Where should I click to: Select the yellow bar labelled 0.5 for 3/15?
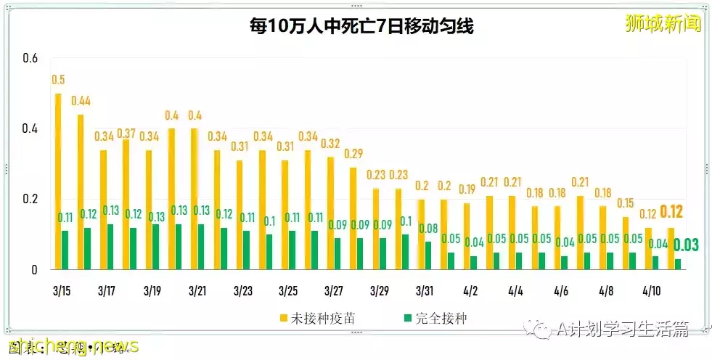click(x=58, y=181)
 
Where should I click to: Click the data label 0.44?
click(x=81, y=101)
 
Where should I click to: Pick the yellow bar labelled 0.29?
click(x=353, y=218)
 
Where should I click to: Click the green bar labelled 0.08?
click(x=429, y=255)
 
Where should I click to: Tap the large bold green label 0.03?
click(x=685, y=245)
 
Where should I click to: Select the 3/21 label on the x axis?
click(x=197, y=291)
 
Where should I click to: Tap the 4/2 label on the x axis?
click(x=470, y=291)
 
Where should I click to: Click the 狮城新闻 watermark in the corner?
click(x=663, y=24)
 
